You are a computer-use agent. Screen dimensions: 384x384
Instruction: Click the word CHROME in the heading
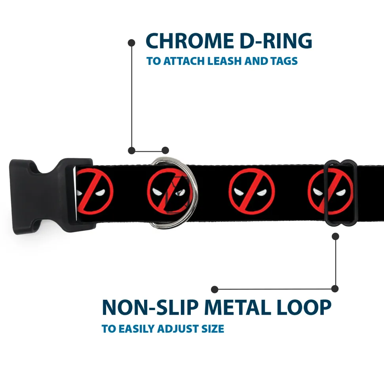(x=190, y=41)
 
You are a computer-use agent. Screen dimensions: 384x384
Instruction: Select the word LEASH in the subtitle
(x=224, y=61)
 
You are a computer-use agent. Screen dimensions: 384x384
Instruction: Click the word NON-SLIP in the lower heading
(x=150, y=307)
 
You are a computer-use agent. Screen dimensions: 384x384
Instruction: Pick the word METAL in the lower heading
(x=238, y=307)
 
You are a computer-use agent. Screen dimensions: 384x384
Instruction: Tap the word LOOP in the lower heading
(x=304, y=307)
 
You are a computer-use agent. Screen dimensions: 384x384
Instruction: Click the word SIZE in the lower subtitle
(x=213, y=329)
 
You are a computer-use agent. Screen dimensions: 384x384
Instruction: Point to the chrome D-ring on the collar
(x=174, y=193)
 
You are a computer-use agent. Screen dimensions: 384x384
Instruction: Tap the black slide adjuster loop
(x=341, y=193)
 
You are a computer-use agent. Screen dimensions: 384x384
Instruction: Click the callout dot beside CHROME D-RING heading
(x=132, y=43)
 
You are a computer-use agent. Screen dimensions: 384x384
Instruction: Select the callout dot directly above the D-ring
(x=165, y=150)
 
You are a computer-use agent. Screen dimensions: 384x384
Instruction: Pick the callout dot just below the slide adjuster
(x=335, y=236)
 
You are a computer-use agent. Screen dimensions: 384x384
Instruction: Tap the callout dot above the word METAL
(x=215, y=289)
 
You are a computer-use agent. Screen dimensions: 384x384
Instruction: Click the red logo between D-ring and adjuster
(x=252, y=191)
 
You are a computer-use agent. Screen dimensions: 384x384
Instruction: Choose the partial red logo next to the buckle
(x=94, y=191)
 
